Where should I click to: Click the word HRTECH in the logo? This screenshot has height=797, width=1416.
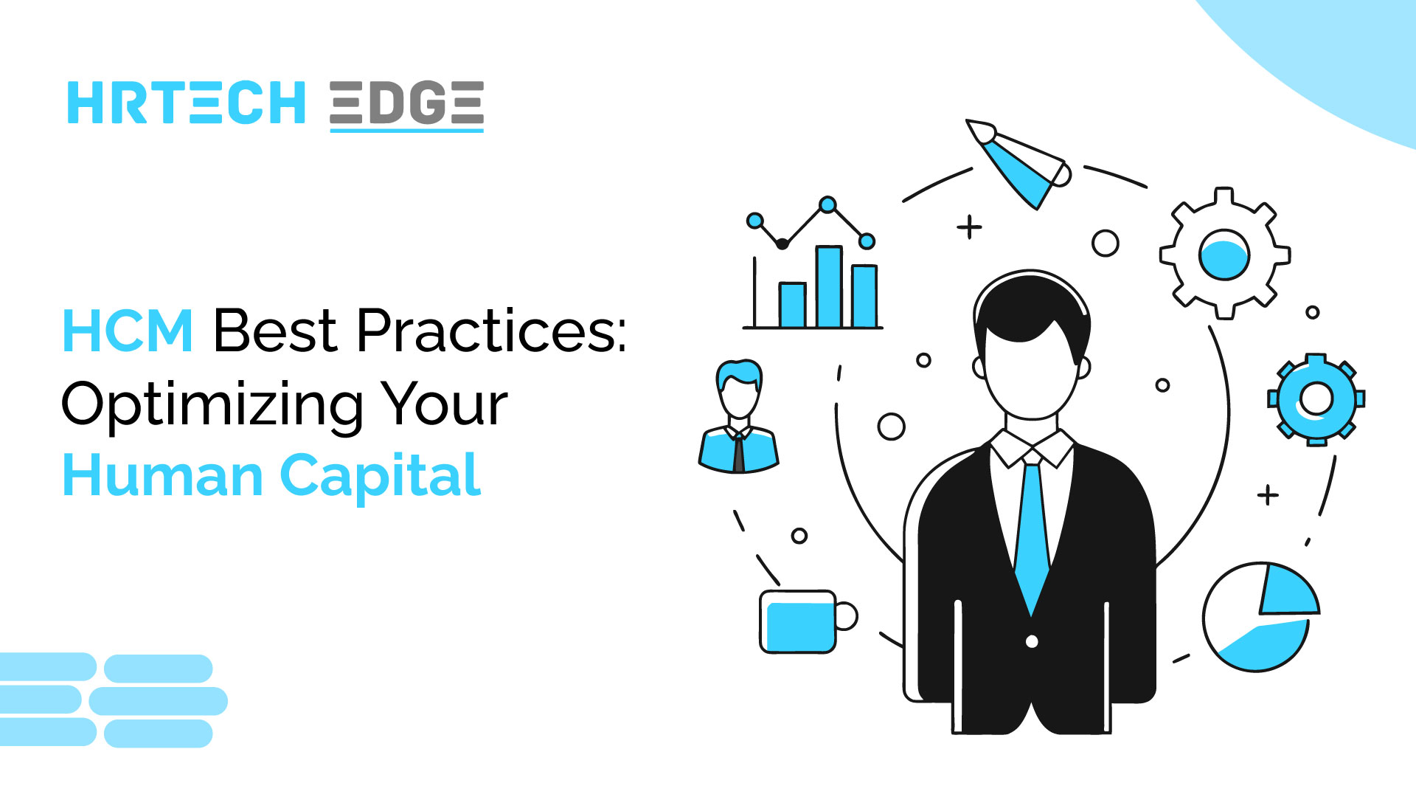[186, 103]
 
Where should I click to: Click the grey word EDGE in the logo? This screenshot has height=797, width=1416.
[406, 103]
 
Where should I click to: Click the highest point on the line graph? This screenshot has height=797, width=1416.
[827, 204]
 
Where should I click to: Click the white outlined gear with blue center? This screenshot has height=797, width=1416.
[1224, 254]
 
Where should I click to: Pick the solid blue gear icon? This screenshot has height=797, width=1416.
[1316, 399]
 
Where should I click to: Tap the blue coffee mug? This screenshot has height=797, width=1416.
[799, 622]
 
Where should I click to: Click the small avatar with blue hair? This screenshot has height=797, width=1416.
[739, 417]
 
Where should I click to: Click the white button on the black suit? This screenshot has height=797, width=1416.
[1032, 641]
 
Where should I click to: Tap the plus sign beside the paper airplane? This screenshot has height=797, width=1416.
[969, 227]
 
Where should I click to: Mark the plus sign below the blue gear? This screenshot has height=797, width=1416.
[1268, 494]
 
